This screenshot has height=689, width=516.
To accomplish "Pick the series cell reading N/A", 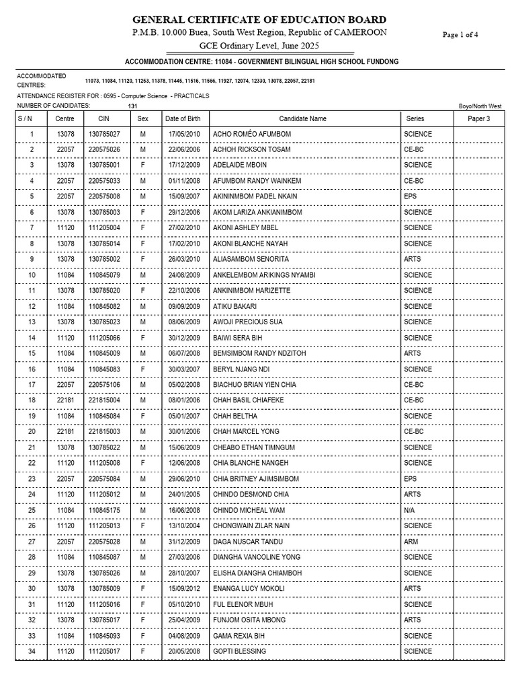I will click(410, 510).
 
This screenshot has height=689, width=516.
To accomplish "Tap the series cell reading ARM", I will click(411, 542).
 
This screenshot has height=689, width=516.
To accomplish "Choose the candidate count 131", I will click(133, 106).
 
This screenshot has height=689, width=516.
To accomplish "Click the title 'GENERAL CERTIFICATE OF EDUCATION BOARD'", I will click(260, 20).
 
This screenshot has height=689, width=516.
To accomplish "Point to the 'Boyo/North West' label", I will click(480, 106).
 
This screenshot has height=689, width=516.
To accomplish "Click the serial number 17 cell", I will click(32, 385).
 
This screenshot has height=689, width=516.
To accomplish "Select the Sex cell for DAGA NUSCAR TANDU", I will click(142, 542).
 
